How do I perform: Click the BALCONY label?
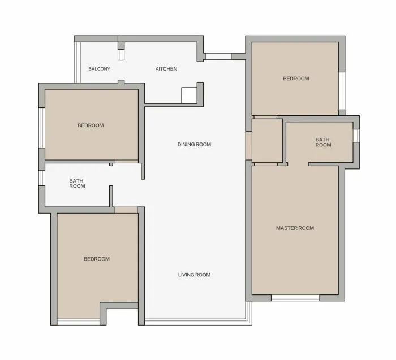pos(99,69)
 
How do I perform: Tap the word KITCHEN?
pos(166,69)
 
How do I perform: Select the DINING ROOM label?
pos(194,145)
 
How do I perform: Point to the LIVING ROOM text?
pos(194,275)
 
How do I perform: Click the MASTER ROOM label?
pos(295,228)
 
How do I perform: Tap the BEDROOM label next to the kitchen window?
pos(296,79)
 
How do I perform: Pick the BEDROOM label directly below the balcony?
pos(91,125)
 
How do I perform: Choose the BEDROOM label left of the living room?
pos(97,259)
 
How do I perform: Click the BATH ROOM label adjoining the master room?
pos(323,142)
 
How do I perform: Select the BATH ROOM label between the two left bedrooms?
pos(77,184)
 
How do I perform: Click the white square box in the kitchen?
pos(189,96)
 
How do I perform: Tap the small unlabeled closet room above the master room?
pos(267,141)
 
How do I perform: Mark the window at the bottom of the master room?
pos(295,298)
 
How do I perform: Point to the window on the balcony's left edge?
pos(78,62)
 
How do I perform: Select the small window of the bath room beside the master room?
pos(356,136)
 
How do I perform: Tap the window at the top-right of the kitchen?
pos(218,57)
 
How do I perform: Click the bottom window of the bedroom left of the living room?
pos(78,322)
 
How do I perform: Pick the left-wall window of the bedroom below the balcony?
pos(42,128)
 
